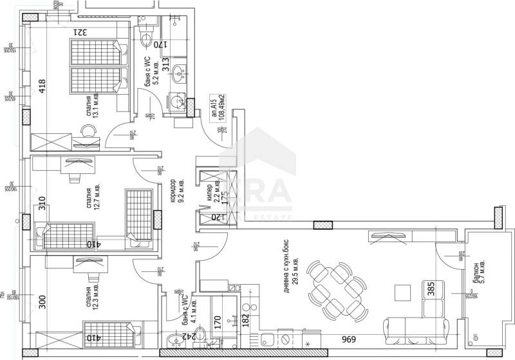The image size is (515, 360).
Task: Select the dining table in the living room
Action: coord(335,284)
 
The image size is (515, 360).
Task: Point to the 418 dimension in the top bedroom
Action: coord(42,86)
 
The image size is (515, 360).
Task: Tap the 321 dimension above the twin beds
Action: coord(79,31)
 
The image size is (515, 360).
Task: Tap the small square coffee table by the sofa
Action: coord(402,293)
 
